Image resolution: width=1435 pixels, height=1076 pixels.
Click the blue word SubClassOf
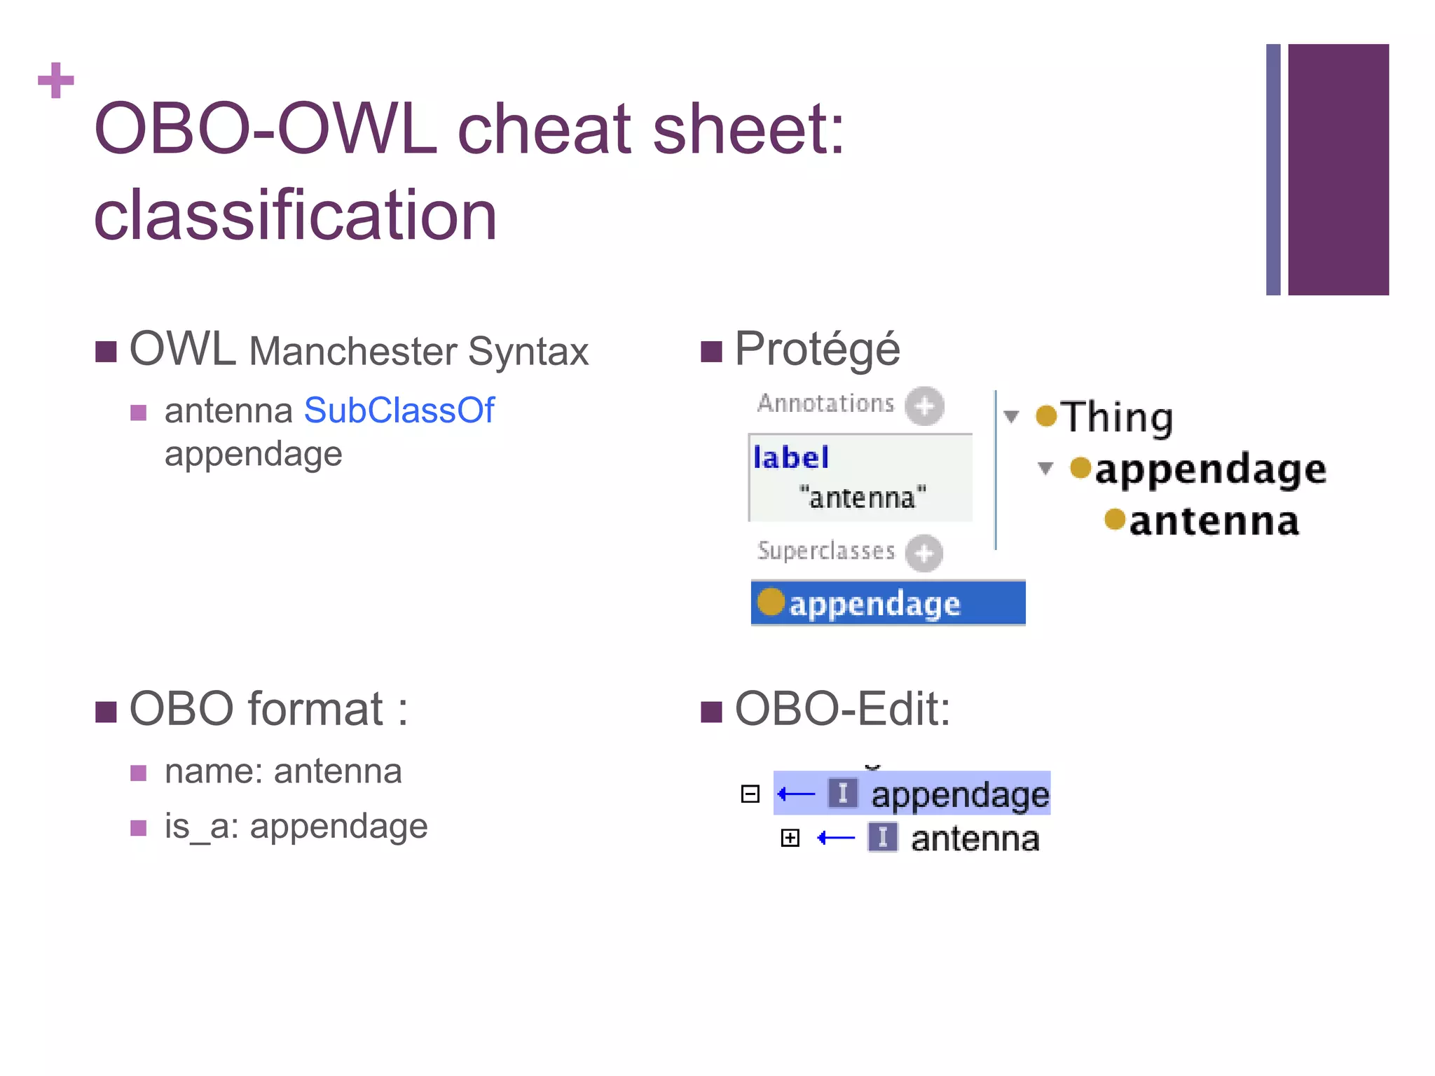[399, 411]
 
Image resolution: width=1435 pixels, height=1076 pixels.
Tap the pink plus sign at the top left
[56, 81]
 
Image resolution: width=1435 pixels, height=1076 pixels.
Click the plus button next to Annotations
[924, 406]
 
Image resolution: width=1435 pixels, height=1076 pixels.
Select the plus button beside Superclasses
[924, 553]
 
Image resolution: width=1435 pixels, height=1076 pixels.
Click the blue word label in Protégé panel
[790, 458]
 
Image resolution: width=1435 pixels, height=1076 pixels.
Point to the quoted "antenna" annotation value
[863, 497]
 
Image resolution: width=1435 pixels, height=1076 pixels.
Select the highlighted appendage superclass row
[887, 603]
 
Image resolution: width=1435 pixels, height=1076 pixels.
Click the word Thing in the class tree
[1116, 418]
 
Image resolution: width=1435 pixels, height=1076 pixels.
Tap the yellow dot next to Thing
[1045, 415]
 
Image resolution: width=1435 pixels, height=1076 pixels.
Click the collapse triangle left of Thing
[1010, 417]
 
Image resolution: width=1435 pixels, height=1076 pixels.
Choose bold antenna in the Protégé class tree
[1214, 522]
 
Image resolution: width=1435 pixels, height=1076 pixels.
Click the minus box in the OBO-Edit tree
[750, 794]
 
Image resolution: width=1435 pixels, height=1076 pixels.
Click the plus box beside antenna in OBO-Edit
[790, 838]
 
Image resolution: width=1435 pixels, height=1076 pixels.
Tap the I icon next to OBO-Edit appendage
[842, 794]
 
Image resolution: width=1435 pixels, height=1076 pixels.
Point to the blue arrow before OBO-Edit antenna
[836, 838]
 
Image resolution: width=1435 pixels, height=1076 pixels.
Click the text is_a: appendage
[296, 826]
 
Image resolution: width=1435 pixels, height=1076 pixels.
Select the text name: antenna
[283, 771]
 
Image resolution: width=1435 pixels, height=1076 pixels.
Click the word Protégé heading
[817, 349]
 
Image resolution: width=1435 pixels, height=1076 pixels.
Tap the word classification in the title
[295, 215]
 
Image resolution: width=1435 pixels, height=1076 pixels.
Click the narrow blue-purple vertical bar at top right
[1272, 170]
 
